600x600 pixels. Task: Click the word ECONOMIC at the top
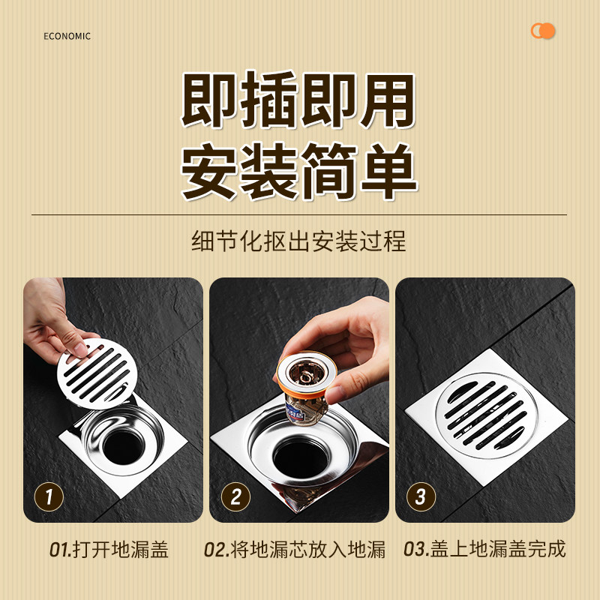67,36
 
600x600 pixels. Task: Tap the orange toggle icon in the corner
542,31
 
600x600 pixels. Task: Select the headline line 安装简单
298,172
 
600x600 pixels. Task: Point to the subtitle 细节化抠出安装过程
298,241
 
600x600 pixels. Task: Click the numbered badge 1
49,496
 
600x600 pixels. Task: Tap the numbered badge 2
235,496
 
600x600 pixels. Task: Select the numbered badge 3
421,496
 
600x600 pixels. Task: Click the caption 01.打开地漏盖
109,550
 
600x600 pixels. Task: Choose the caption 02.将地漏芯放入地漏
295,550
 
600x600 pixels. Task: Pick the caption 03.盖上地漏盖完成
484,550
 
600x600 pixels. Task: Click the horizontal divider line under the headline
298,215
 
